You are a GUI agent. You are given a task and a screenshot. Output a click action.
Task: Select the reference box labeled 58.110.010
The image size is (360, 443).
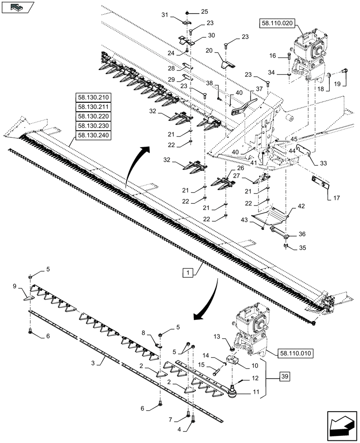[296, 354]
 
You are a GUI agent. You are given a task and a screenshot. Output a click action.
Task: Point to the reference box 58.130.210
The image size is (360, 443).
[93, 98]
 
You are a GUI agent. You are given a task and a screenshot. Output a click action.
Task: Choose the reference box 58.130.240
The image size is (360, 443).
[93, 135]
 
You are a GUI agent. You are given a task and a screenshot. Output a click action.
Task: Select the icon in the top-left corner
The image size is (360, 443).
[17, 8]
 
